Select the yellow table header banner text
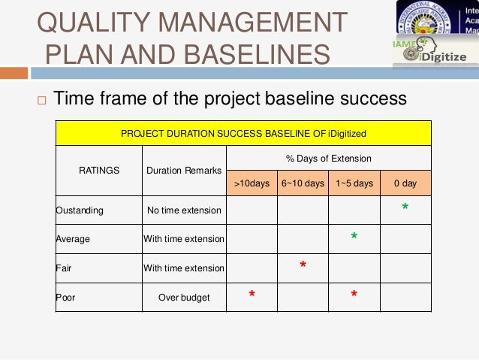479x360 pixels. [x=243, y=133]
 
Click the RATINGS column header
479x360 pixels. [x=99, y=171]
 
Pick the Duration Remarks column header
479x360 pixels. [x=184, y=171]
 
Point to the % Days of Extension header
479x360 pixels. [x=328, y=159]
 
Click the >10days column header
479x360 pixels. [x=252, y=183]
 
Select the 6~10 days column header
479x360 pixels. [x=303, y=183]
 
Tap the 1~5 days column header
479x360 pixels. [x=354, y=183]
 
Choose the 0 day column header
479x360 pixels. [x=405, y=183]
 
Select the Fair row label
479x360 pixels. [x=64, y=268]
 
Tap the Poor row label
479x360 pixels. [x=65, y=297]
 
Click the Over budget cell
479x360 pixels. [x=184, y=297]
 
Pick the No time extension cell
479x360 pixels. [x=184, y=210]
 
